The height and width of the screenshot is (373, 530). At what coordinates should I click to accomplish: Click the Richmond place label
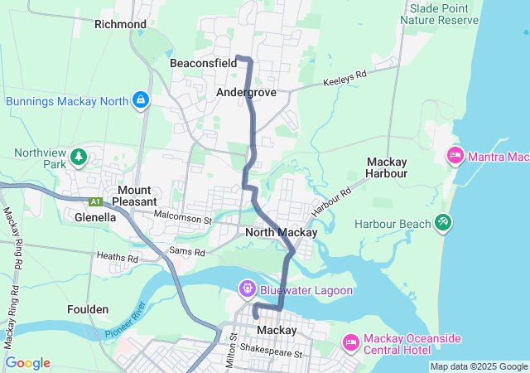(120, 24)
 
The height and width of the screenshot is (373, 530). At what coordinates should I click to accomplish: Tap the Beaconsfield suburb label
(203, 63)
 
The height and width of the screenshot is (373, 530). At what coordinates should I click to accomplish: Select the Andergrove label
(246, 92)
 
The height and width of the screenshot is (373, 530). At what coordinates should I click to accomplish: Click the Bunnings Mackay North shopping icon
(141, 101)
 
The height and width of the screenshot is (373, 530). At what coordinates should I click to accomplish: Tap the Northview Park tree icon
(79, 156)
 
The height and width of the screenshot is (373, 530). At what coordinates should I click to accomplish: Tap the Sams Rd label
(185, 249)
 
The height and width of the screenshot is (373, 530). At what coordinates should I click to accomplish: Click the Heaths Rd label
(115, 257)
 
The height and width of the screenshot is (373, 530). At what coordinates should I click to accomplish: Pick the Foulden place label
(88, 309)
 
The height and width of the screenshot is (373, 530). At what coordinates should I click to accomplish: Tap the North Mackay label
(282, 233)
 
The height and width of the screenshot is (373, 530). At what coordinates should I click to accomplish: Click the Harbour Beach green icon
(443, 223)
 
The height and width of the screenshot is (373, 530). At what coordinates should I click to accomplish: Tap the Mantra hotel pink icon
(455, 155)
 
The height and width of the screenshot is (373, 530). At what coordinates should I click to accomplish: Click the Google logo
(28, 363)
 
